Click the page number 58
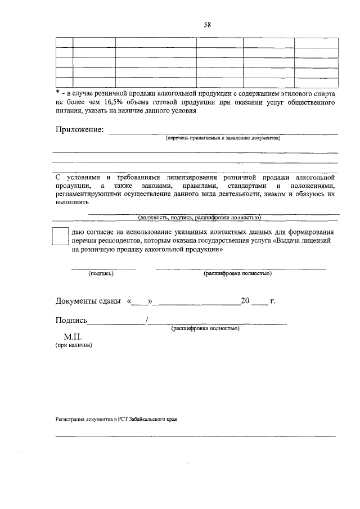207,24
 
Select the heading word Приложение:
79,130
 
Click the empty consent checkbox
60,236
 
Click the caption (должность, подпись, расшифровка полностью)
199,217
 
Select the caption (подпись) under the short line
101,274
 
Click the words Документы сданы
88,301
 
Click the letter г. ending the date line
272,301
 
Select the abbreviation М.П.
73,337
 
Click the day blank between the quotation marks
140,301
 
